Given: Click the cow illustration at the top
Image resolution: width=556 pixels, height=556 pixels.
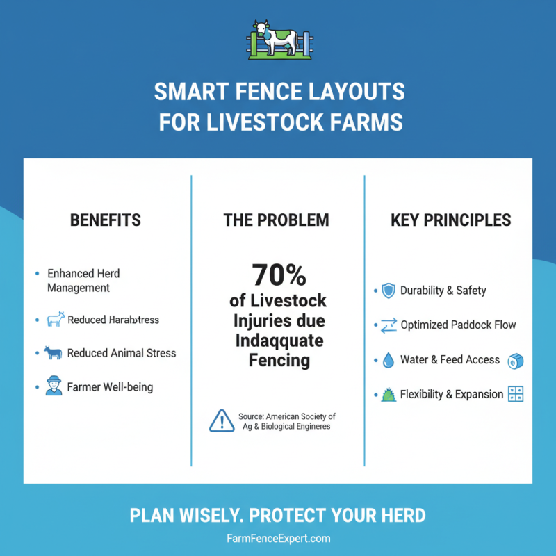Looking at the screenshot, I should pyautogui.click(x=277, y=39).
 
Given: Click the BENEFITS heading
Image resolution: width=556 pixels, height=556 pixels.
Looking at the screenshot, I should pyautogui.click(x=106, y=221).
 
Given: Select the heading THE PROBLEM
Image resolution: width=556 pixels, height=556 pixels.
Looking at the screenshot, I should pyautogui.click(x=277, y=221).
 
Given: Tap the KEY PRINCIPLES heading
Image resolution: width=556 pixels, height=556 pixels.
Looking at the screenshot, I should pyautogui.click(x=450, y=221).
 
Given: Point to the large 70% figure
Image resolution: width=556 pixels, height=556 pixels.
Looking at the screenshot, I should pyautogui.click(x=278, y=275).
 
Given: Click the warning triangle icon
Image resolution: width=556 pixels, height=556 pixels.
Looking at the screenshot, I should pyautogui.click(x=222, y=420).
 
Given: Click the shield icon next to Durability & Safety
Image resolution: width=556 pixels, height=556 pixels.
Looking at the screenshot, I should pyautogui.click(x=389, y=291).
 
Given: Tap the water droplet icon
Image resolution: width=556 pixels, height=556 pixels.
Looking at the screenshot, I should pyautogui.click(x=389, y=360).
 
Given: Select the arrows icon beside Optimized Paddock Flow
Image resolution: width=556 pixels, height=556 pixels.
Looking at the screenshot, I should pyautogui.click(x=389, y=325).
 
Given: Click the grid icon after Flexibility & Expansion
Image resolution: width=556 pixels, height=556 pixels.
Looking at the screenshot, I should pyautogui.click(x=516, y=394).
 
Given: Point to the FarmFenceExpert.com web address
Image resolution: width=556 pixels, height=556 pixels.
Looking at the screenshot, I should pyautogui.click(x=278, y=539).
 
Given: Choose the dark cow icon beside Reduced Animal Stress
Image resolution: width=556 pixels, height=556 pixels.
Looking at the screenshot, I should pyautogui.click(x=54, y=353).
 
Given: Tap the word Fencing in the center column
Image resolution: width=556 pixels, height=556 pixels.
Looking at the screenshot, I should pyautogui.click(x=278, y=361).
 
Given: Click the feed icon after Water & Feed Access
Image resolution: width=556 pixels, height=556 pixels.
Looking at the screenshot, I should pyautogui.click(x=516, y=361).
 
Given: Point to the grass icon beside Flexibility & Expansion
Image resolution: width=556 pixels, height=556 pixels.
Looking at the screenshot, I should pyautogui.click(x=389, y=395).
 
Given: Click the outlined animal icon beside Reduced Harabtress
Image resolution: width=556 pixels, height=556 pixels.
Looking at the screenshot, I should pyautogui.click(x=54, y=320).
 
